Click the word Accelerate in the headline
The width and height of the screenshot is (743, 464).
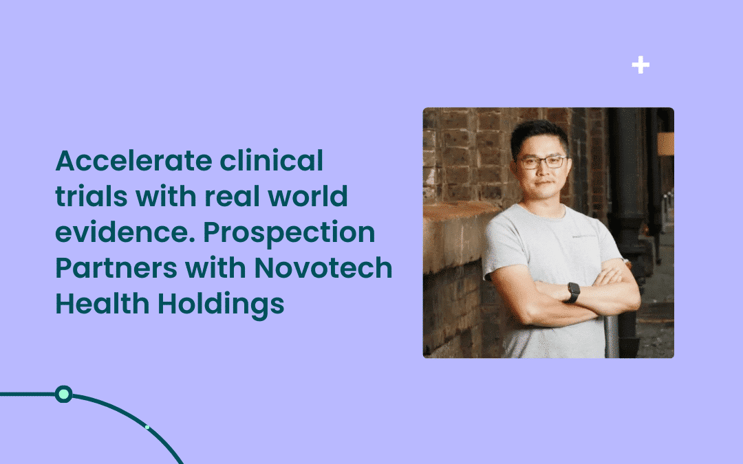pos(133,160)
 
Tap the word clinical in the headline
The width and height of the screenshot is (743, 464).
pos(272,160)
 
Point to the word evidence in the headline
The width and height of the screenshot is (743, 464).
pos(126,232)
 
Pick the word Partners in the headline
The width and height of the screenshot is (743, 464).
pos(116,268)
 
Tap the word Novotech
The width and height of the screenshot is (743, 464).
pos(323,268)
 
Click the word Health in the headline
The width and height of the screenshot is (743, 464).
pos(103,304)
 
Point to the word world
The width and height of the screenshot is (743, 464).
pos(308,196)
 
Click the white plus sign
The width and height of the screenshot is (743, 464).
pos(640,65)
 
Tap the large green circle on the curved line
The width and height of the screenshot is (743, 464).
pos(63,394)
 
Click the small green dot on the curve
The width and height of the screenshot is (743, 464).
pos(147,428)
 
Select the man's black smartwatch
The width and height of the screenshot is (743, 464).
pos(573,292)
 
